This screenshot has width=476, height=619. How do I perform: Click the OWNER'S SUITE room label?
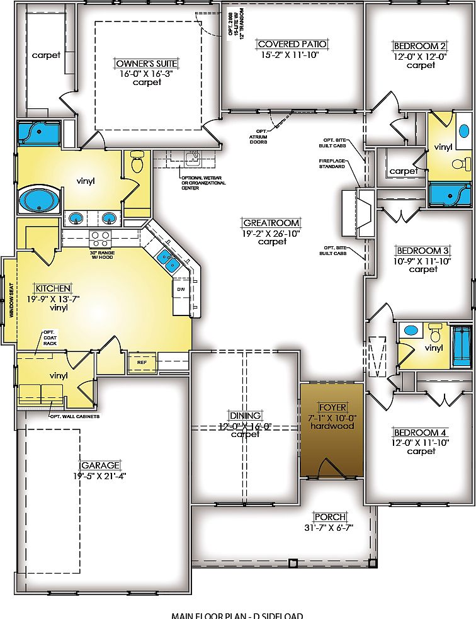[138, 63]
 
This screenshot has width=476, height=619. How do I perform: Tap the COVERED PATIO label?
[292, 44]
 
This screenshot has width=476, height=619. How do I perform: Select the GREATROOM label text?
[271, 223]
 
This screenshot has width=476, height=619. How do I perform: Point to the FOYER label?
[331, 407]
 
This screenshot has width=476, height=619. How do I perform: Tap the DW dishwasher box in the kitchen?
[181, 289]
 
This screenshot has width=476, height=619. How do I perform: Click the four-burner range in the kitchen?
[100, 239]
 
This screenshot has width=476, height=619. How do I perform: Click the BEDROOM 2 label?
[420, 46]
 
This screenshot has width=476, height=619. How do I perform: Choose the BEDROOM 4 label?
[420, 433]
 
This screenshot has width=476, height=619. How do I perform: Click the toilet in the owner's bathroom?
[136, 163]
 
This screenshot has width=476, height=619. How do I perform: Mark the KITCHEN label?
[52, 288]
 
